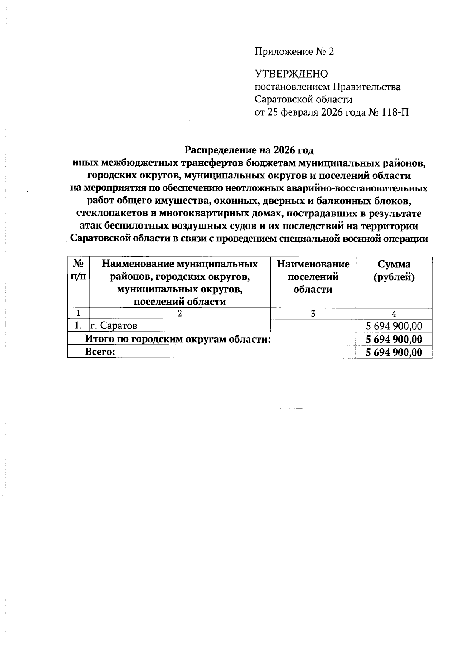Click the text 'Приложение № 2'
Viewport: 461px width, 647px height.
(294, 52)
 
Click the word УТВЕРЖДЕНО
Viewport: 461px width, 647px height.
(292, 74)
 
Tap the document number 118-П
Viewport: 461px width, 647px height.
(396, 112)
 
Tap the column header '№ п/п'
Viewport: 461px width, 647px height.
(78, 271)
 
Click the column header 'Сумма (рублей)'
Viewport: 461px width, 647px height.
(394, 271)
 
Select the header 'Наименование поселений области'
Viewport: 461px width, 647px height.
(313, 277)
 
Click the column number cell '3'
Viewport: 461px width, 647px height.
(313, 314)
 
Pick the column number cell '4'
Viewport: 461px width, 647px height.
(394, 314)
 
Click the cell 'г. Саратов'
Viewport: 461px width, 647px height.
(114, 326)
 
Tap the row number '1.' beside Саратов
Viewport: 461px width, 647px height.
(78, 326)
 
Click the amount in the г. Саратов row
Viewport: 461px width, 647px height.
(394, 327)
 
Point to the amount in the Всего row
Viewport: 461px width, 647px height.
(394, 352)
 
